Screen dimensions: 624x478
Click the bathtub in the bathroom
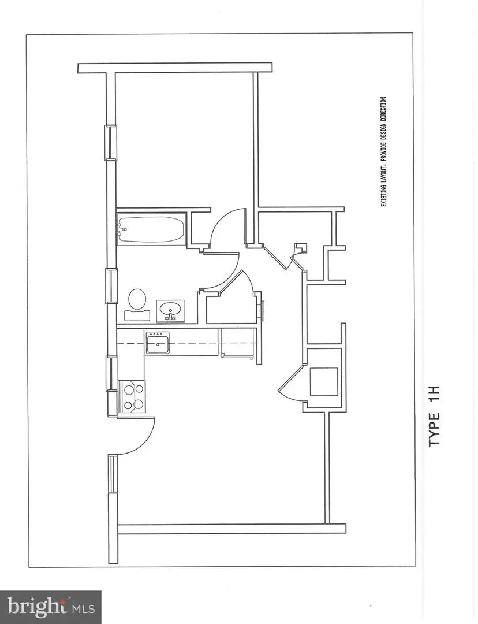[x=151, y=229]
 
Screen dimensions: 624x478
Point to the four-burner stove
[x=132, y=396]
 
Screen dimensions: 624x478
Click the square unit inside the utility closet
[x=323, y=381]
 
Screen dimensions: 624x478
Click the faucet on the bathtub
[x=122, y=230]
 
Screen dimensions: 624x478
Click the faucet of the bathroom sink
[x=171, y=316]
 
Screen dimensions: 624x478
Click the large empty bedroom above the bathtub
[x=185, y=139]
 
